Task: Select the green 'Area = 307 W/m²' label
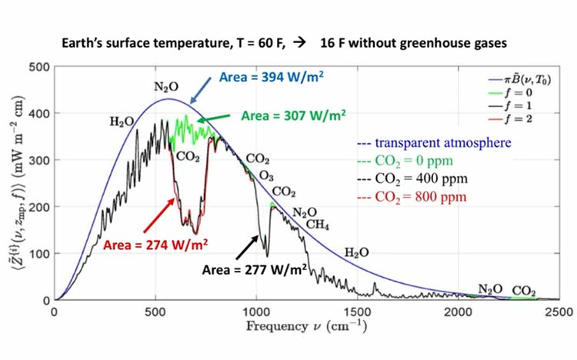point(294,115)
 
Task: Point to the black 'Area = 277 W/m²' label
point(255,270)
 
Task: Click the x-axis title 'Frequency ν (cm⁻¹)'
point(306,326)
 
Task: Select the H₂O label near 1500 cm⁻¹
point(356,253)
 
